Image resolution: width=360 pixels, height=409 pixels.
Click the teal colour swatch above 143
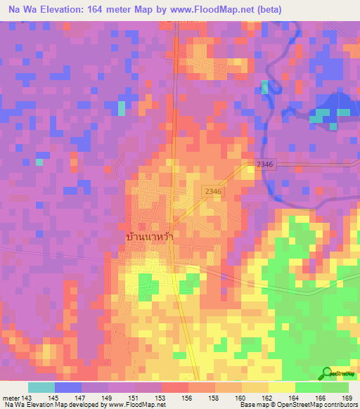point(41,387)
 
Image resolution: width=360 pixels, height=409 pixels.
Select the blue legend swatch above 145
point(67,387)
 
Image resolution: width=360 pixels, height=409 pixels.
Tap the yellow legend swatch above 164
point(282,387)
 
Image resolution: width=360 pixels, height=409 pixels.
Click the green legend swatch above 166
point(309,387)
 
